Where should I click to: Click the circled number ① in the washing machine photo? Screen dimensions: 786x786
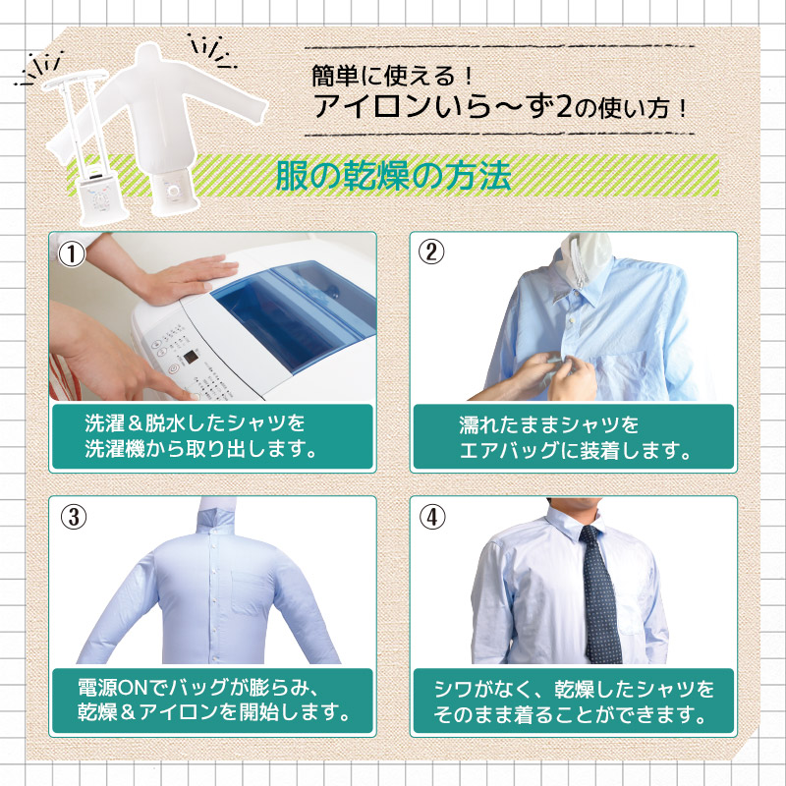click(x=72, y=254)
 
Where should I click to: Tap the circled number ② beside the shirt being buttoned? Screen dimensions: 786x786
click(x=431, y=253)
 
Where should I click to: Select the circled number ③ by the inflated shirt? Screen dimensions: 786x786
click(x=74, y=517)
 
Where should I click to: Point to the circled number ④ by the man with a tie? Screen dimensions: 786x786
click(x=432, y=517)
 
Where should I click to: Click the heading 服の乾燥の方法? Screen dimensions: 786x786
click(x=394, y=176)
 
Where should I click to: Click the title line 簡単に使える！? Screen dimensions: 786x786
click(x=392, y=76)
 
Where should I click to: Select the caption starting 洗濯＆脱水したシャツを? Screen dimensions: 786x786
click(x=201, y=436)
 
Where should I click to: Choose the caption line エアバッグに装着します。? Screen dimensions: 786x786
click(x=576, y=451)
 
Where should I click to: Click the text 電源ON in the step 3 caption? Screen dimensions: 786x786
click(x=113, y=687)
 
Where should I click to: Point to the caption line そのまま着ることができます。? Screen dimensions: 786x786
click(x=571, y=714)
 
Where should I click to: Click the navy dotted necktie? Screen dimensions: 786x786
click(x=600, y=593)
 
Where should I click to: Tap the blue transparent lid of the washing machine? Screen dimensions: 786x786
click(x=296, y=310)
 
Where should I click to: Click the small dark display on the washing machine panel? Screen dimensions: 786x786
click(x=190, y=358)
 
